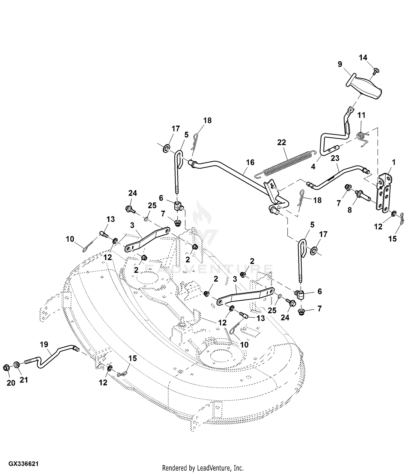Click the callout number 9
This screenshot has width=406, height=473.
[x=340, y=64]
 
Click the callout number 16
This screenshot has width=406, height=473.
[x=250, y=162]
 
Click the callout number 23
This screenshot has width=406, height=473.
[x=335, y=158]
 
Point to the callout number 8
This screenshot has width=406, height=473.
[x=349, y=210]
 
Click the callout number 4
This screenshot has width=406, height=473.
[x=313, y=166]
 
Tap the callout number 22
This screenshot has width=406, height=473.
[x=281, y=142]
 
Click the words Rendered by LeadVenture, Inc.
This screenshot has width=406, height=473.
[x=203, y=468]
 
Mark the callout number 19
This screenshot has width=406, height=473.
[x=44, y=344]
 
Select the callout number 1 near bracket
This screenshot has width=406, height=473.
[x=394, y=162]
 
